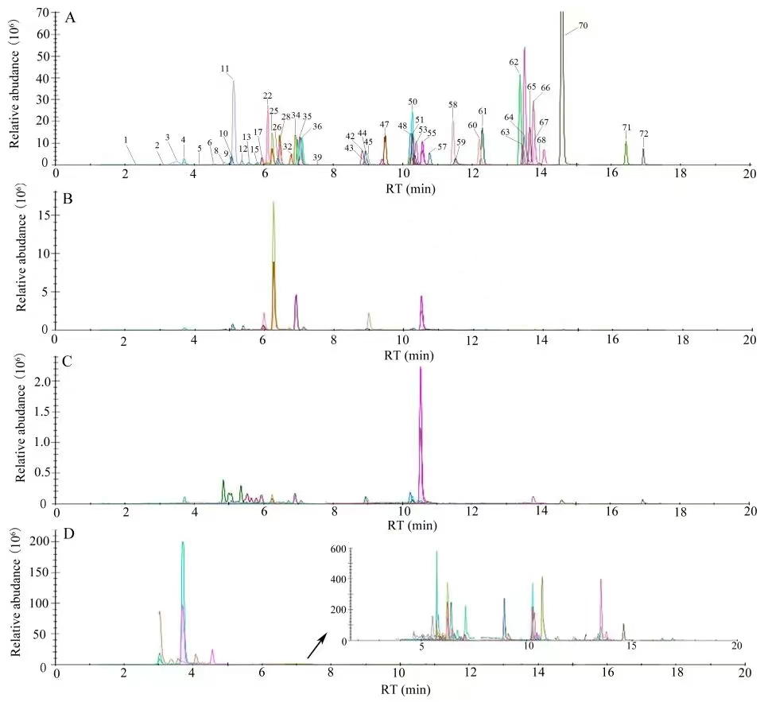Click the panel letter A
tap(70, 17)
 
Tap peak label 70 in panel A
tap(583, 26)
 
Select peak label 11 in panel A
tap(225, 69)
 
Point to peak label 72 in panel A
tap(644, 134)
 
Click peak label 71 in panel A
tap(626, 127)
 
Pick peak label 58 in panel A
tap(453, 105)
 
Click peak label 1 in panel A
tap(126, 140)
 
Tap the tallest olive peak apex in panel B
tap(273, 203)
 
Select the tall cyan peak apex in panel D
tap(183, 542)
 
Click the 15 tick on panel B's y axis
tap(45, 215)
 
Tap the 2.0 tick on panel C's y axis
tap(41, 382)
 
